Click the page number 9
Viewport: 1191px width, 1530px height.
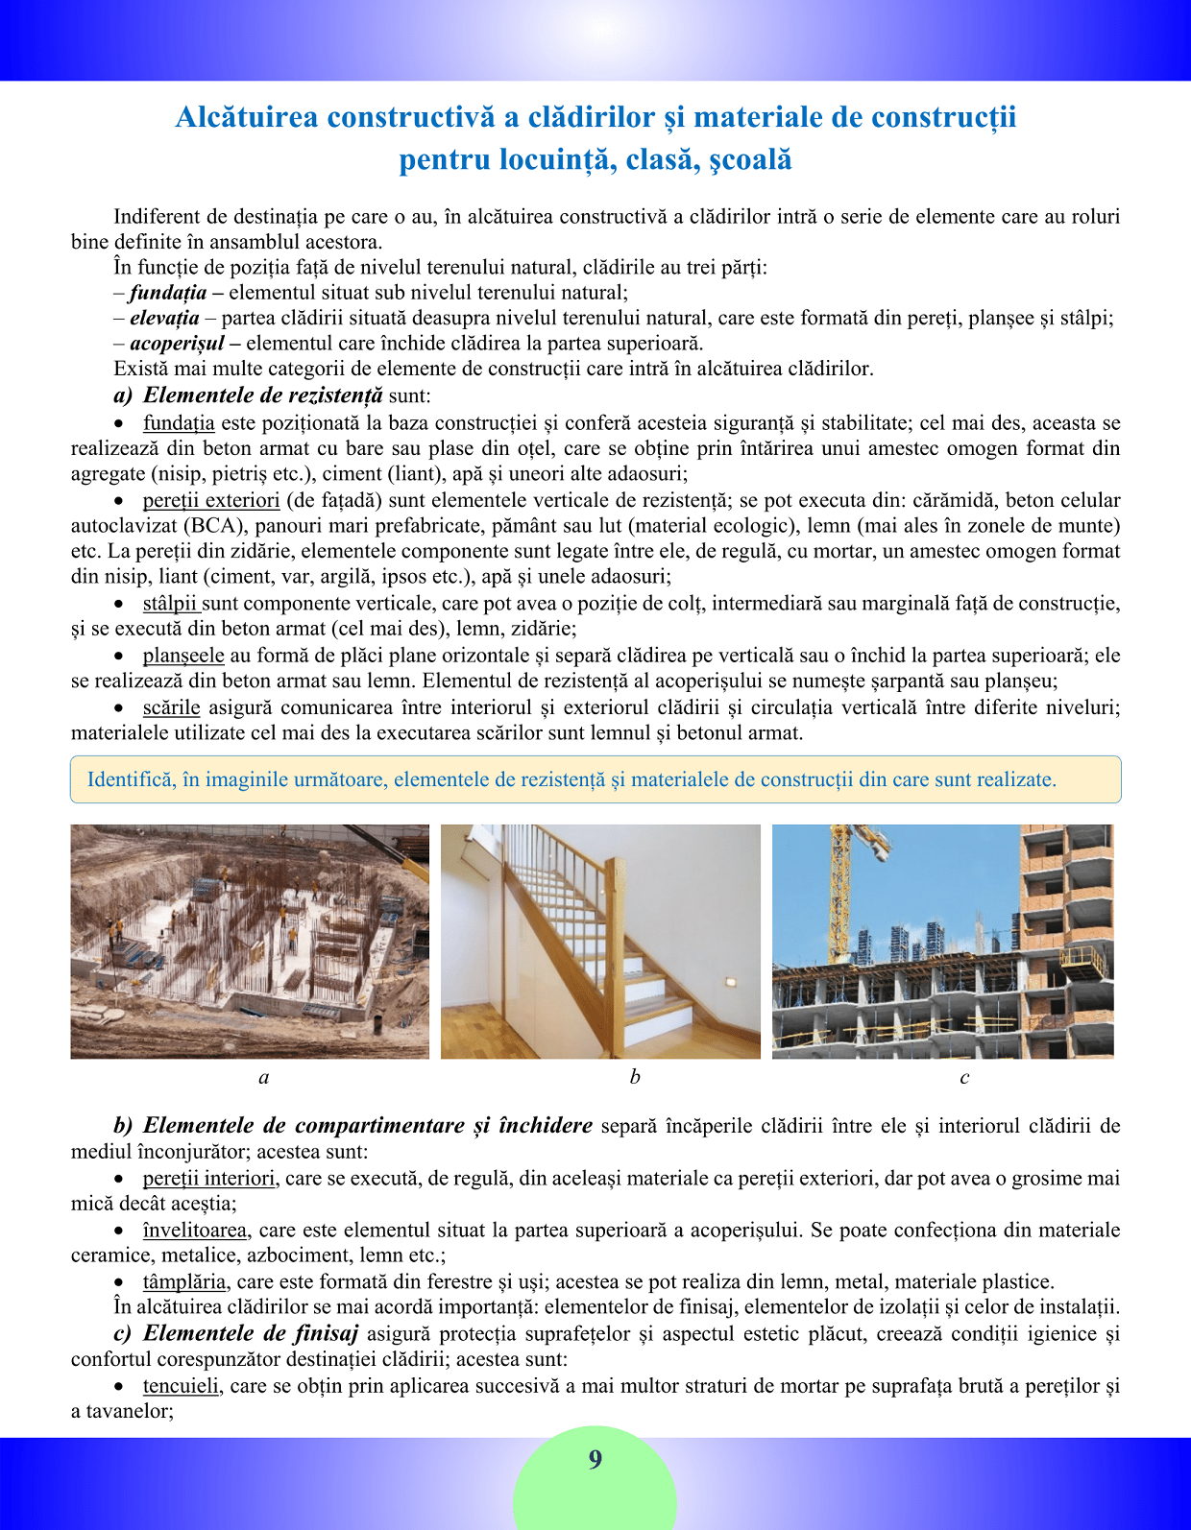[595, 1460]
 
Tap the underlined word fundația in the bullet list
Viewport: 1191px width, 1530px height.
[179, 423]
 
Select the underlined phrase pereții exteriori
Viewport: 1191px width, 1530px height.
[211, 500]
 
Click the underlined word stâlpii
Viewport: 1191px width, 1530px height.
[170, 604]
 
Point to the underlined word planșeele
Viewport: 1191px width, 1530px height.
[183, 656]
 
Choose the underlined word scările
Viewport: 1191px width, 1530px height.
[171, 707]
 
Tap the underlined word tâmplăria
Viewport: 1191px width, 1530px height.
[184, 1281]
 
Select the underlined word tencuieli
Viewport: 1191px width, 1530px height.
[182, 1386]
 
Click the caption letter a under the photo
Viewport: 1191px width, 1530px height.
[264, 1077]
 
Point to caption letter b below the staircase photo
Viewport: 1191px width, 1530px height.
[635, 1077]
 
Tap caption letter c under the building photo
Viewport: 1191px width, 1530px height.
[964, 1077]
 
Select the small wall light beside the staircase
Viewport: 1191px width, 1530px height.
[727, 982]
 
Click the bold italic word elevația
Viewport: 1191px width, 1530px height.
[164, 318]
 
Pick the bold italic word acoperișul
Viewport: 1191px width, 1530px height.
[177, 343]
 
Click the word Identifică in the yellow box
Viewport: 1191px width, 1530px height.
[129, 779]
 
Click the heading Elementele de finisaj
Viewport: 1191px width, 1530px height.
[250, 1333]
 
